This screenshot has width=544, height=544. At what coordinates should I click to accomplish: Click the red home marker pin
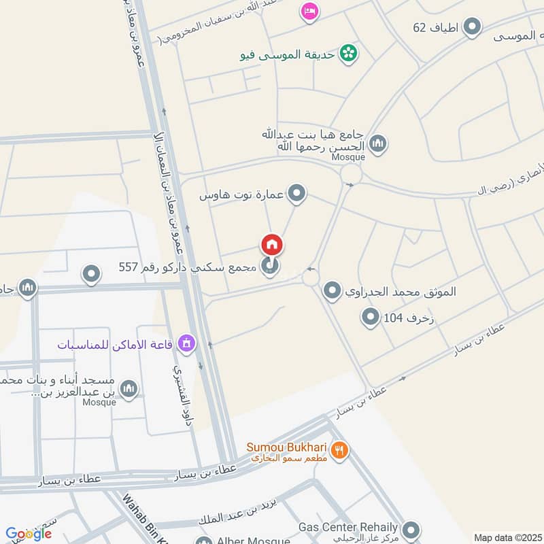click(271, 245)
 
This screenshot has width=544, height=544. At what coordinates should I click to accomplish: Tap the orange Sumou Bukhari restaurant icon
click(340, 449)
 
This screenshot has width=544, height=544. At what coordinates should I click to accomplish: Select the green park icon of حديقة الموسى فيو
click(348, 52)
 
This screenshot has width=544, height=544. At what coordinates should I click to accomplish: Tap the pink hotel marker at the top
click(309, 11)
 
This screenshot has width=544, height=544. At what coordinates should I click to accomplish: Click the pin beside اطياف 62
click(472, 27)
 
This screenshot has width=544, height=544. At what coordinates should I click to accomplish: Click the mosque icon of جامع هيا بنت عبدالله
click(378, 143)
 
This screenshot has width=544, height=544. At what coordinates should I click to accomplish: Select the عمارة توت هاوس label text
click(241, 195)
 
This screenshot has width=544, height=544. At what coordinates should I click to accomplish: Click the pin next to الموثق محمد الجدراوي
click(332, 292)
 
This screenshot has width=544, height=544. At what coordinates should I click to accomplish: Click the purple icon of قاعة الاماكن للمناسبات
click(185, 344)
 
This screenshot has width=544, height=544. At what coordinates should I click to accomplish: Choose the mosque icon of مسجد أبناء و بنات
click(128, 389)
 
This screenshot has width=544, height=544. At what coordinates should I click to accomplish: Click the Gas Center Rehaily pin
click(411, 529)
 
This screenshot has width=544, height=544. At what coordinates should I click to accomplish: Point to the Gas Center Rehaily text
click(348, 527)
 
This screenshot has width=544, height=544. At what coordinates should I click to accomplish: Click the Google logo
click(28, 534)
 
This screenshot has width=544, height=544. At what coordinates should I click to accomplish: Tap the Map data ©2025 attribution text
click(508, 538)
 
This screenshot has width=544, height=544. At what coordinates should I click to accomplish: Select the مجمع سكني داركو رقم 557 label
click(188, 268)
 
